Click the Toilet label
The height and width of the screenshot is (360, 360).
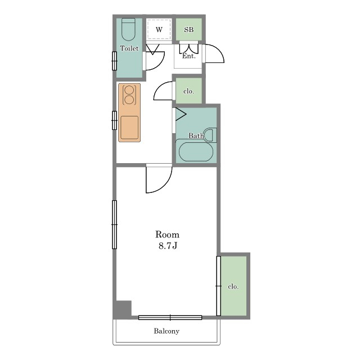coord(129,48)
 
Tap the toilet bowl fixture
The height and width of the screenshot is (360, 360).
coord(128,29)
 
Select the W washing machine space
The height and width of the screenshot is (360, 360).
coord(159,30)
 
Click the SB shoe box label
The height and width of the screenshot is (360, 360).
coord(189,30)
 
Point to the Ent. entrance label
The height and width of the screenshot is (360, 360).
coord(189,56)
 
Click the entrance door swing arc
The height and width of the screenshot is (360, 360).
coord(218,50)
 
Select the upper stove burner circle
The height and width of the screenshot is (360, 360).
coord(129,90)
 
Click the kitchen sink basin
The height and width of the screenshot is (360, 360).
coord(129,128)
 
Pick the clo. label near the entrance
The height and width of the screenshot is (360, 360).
coord(189,91)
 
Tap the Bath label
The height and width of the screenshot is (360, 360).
coord(196,136)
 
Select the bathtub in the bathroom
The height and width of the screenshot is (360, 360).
coord(196,152)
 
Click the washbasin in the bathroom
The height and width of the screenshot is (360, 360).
coord(210,135)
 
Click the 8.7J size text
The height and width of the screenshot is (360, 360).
coord(168,246)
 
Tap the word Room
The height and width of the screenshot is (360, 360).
coord(168,235)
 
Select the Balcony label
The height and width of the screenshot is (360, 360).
coord(166,331)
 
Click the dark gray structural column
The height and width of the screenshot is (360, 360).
coord(123,309)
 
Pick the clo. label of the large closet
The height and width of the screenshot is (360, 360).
coord(233,286)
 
